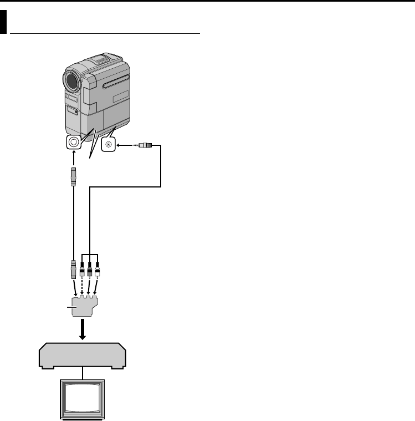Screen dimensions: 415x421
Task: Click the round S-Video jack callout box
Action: click(74, 143)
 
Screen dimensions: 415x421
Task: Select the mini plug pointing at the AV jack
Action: click(147, 145)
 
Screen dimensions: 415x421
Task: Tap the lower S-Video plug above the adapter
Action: click(74, 268)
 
